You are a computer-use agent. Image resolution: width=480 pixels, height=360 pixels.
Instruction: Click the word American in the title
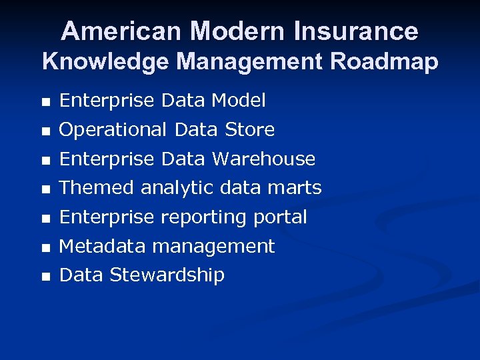tap(121, 31)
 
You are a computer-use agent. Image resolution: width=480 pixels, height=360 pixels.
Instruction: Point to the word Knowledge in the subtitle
tap(105, 62)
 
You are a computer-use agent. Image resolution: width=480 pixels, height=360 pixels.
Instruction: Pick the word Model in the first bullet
tap(238, 101)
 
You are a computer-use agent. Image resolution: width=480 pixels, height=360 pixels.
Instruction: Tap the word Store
tap(249, 129)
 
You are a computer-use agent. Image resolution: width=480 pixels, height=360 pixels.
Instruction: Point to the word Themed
tap(97, 188)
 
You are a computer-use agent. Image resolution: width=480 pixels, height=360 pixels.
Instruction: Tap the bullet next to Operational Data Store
tap(45, 131)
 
